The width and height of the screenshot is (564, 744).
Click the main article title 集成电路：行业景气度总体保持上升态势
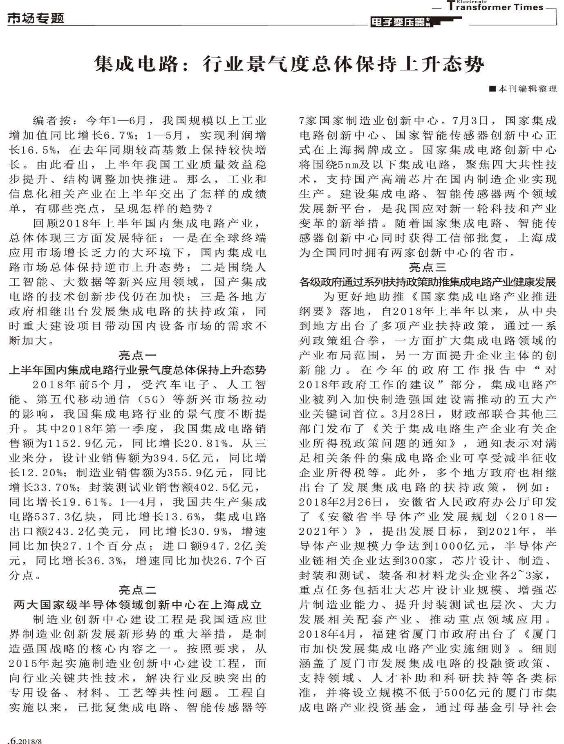pyautogui.click(x=289, y=64)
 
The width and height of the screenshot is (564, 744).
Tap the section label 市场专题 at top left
pyautogui.click(x=36, y=18)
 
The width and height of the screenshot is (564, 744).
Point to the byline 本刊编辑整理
pyautogui.click(x=524, y=89)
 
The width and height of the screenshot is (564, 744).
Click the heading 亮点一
pyautogui.click(x=137, y=355)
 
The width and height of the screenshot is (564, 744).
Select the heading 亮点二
pyautogui.click(x=137, y=590)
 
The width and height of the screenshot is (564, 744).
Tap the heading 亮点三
pyautogui.click(x=427, y=267)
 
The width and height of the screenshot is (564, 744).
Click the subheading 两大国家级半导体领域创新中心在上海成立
pyautogui.click(x=137, y=605)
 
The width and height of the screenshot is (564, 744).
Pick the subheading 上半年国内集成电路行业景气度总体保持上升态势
pyautogui.click(x=137, y=370)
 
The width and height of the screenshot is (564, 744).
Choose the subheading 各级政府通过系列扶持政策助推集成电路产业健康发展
pyautogui.click(x=427, y=282)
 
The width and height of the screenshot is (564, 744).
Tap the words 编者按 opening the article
pyautogui.click(x=51, y=121)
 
